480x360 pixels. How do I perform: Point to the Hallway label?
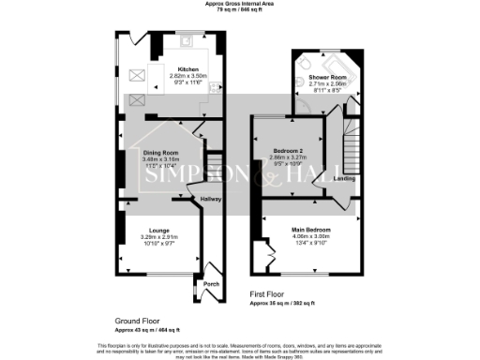click(208, 199)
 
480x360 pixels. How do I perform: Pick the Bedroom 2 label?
click(288, 151)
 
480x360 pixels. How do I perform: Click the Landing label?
click(344, 178)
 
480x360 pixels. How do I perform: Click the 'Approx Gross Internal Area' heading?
click(239, 4)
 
